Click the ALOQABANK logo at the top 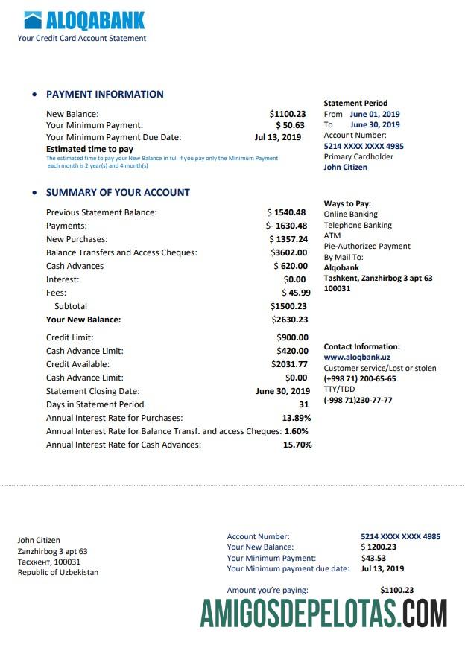coord(84,20)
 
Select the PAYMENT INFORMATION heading coord(105,95)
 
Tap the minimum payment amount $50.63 coord(290,125)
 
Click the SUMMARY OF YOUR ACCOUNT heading coord(118,192)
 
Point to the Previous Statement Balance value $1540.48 coord(287,212)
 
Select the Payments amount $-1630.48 coord(287,226)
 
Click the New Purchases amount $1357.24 coord(288,239)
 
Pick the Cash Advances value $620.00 coord(291,266)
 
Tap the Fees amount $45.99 coord(296,293)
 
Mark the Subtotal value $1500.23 coord(289,306)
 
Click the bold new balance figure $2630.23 coord(290,320)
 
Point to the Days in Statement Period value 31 coord(303,404)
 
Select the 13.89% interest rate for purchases coord(297,418)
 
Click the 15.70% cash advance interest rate coord(297,445)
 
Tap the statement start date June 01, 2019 coord(375,114)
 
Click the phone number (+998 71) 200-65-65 coord(359,378)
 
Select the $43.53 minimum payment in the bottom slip coord(373,558)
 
